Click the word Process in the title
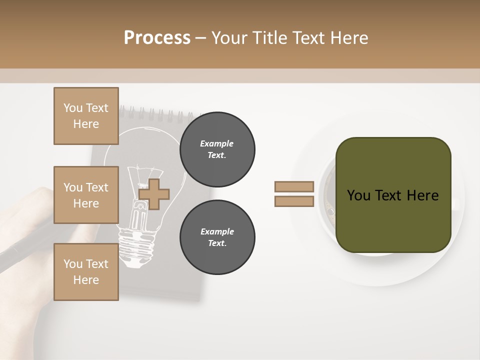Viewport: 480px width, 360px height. [x=157, y=38]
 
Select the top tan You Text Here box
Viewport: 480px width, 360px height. [x=86, y=116]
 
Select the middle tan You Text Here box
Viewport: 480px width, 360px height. [x=86, y=195]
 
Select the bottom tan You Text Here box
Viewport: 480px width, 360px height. [x=86, y=272]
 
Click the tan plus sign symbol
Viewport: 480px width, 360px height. [x=154, y=194]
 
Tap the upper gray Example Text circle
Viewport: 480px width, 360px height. [x=217, y=149]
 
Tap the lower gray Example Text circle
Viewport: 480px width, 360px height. [x=217, y=237]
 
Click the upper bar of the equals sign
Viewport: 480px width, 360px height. [x=294, y=186]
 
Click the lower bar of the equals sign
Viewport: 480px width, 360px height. [x=294, y=201]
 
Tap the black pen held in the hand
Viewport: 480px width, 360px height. [x=25, y=245]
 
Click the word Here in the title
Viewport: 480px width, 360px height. [x=349, y=38]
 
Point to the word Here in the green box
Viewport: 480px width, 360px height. [x=422, y=195]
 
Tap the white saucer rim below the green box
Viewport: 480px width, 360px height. [x=400, y=272]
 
